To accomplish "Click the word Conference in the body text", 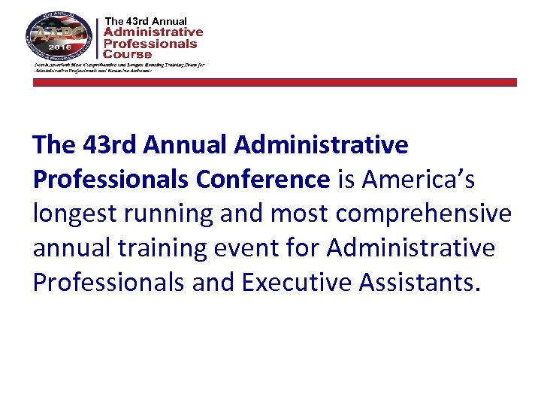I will point(263,179).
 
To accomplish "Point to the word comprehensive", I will point(424,214).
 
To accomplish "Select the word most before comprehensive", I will point(300,214).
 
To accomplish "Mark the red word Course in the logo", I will point(128,54).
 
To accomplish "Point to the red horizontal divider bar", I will point(275,83).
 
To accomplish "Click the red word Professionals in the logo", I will point(150,44).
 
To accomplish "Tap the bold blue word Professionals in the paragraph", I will point(111,179).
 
